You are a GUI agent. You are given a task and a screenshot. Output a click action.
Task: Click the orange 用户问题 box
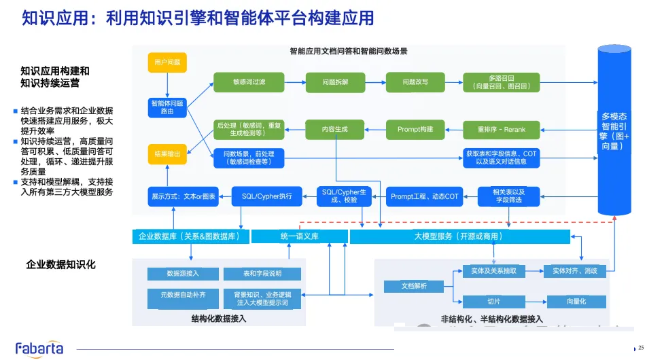(x=167, y=62)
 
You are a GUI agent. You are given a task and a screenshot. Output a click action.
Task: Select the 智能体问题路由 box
(x=167, y=107)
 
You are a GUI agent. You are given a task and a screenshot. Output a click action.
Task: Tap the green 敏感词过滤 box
(x=249, y=82)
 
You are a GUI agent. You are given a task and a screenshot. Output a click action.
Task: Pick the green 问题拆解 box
(x=335, y=82)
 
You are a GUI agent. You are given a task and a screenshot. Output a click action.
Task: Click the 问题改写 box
(x=415, y=82)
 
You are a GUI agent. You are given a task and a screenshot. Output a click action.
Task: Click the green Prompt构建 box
(x=415, y=129)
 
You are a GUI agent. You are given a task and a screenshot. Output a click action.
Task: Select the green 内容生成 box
(x=335, y=129)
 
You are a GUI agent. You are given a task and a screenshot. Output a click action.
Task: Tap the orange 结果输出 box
(x=167, y=155)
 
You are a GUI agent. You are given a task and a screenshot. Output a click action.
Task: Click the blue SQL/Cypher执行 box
(x=266, y=196)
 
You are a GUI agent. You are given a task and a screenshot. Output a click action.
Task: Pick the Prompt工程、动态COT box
(x=425, y=196)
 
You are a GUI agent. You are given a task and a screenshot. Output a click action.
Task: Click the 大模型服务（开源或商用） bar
(x=460, y=236)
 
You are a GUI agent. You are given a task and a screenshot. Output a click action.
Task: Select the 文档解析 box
(x=415, y=287)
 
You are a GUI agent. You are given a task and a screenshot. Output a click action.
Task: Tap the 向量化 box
(x=576, y=301)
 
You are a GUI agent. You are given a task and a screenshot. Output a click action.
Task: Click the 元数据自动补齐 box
(x=183, y=295)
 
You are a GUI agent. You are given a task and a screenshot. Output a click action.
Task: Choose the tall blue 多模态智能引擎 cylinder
(x=614, y=129)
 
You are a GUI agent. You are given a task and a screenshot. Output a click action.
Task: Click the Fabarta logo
(x=39, y=348)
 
